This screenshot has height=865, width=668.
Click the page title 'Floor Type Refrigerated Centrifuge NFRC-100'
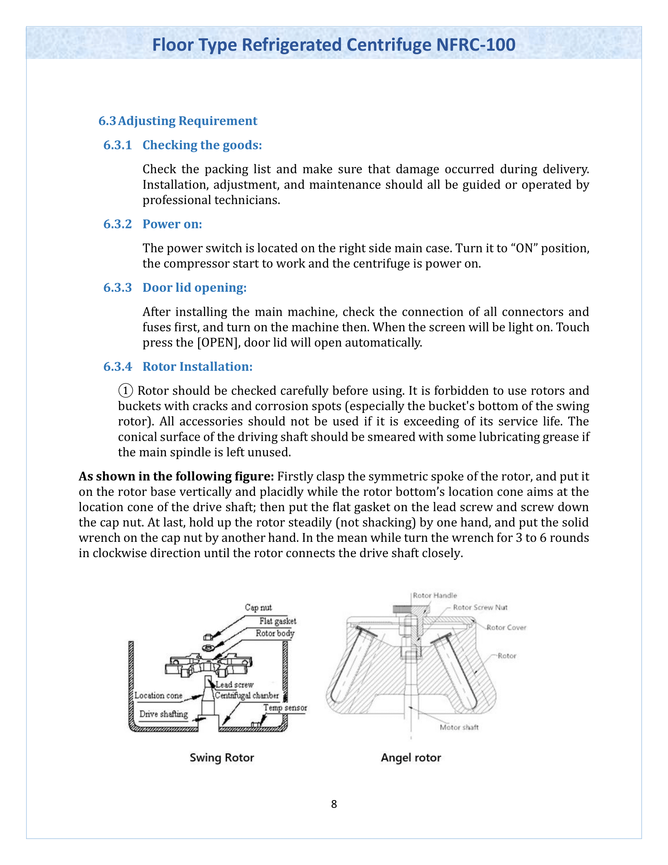pos(334,45)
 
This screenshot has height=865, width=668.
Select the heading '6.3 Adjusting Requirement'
pos(178,121)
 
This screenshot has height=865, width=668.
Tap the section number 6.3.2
pos(117,224)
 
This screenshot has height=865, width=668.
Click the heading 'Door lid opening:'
pos(194,287)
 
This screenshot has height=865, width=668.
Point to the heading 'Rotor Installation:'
pos(198,367)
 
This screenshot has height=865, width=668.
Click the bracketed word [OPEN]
pos(218,342)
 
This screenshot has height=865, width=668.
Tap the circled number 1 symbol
pos(125,391)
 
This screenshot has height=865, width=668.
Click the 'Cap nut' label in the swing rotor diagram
pos(258,607)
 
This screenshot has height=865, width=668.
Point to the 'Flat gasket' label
pos(277,621)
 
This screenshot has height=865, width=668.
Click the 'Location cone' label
pos(158,696)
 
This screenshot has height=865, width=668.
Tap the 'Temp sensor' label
pos(285,708)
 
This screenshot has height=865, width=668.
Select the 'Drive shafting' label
pos(163,714)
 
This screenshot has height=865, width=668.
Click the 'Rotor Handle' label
pos(435,595)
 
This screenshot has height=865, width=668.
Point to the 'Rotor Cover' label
pos(506,628)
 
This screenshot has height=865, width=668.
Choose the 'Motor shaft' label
pos(459,727)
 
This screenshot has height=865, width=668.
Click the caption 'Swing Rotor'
pos(222,758)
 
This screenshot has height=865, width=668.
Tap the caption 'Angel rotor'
pos(411,758)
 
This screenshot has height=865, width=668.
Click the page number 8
pos(334,804)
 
